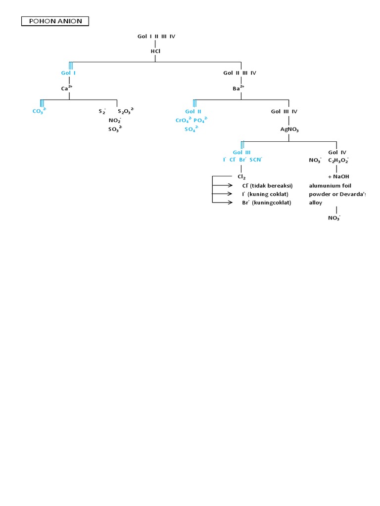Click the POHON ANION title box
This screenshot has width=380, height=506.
click(55, 21)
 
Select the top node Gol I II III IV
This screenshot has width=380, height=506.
click(156, 36)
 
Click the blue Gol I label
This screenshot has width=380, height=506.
click(68, 73)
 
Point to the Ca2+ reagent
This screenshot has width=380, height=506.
click(66, 88)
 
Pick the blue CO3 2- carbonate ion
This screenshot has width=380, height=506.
click(39, 111)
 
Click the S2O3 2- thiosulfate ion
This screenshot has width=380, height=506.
click(126, 111)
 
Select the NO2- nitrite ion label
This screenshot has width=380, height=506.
click(115, 120)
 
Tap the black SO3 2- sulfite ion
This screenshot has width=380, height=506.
click(115, 129)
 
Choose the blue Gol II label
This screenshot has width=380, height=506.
click(193, 111)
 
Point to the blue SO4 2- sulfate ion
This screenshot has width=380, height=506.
click(191, 129)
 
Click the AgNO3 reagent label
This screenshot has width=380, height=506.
click(289, 129)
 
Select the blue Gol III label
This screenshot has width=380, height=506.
click(242, 152)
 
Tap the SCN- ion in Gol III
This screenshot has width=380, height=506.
click(256, 160)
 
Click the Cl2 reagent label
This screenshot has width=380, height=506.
click(241, 177)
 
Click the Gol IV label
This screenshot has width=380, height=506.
click(337, 152)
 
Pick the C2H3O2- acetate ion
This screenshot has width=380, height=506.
click(338, 160)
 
